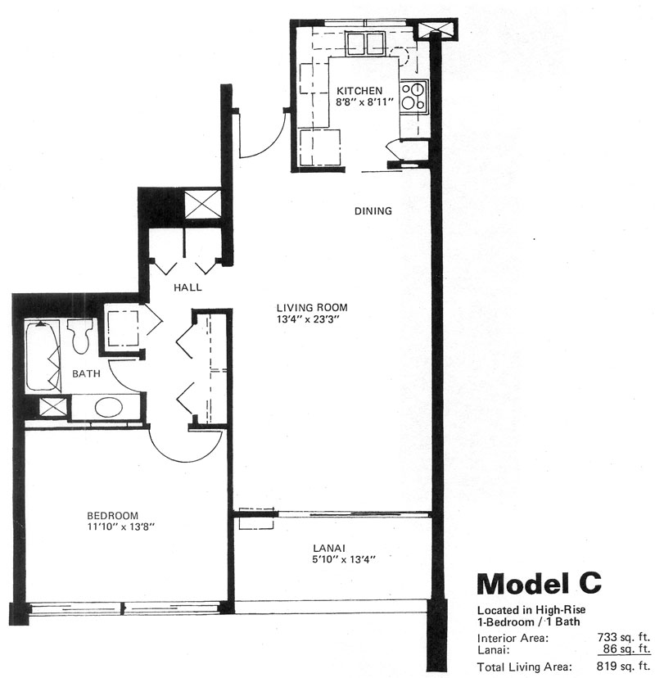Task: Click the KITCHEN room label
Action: pyautogui.click(x=359, y=91)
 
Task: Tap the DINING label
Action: pyautogui.click(x=373, y=211)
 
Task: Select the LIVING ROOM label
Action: pyautogui.click(x=312, y=308)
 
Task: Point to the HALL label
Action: pyautogui.click(x=187, y=287)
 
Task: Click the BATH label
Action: pyautogui.click(x=87, y=373)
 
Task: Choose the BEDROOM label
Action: pyautogui.click(x=112, y=515)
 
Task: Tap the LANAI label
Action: pyautogui.click(x=329, y=548)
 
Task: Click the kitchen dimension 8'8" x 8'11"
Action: pyautogui.click(x=364, y=102)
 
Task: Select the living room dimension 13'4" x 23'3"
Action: pyautogui.click(x=309, y=319)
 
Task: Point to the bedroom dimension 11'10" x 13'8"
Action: pyautogui.click(x=121, y=527)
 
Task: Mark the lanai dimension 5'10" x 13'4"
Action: pyautogui.click(x=344, y=559)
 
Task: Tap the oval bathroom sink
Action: pyautogui.click(x=109, y=407)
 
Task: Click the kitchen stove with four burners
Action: pyautogui.click(x=413, y=97)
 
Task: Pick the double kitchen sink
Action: pyautogui.click(x=366, y=43)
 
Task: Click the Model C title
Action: pyautogui.click(x=539, y=583)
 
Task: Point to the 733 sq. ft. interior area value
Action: pyautogui.click(x=624, y=637)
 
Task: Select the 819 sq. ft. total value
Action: pyautogui.click(x=624, y=667)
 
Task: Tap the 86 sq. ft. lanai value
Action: pyautogui.click(x=627, y=649)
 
